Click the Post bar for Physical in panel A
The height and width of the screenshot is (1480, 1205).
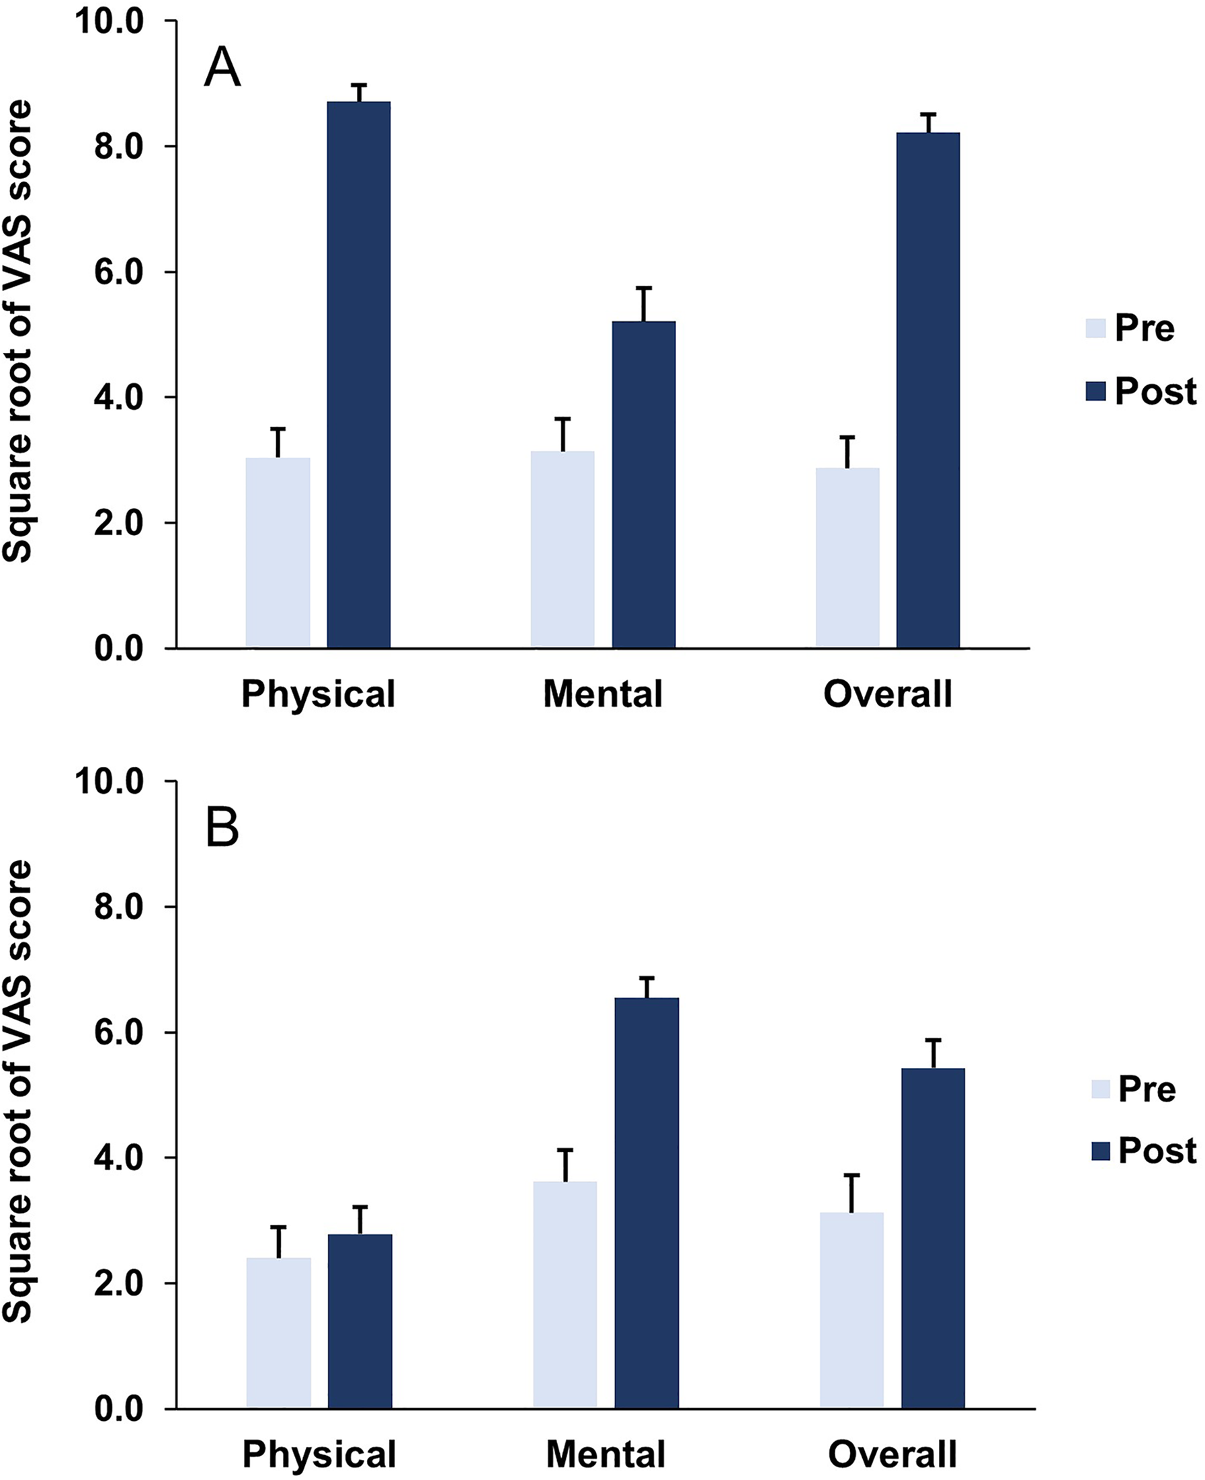click(x=359, y=375)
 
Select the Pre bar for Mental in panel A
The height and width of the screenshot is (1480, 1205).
click(x=563, y=550)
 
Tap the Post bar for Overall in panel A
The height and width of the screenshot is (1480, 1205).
click(x=928, y=390)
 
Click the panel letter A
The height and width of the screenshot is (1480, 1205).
click(x=222, y=68)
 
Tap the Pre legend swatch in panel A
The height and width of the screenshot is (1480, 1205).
click(x=1095, y=329)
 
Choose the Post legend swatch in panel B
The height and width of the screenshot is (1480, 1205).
click(x=1101, y=1150)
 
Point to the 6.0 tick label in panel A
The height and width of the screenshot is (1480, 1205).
click(x=119, y=272)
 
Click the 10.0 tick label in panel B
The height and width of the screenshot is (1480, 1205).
click(x=110, y=782)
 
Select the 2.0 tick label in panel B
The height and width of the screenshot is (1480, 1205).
click(x=119, y=1284)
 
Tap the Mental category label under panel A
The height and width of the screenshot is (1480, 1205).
click(x=602, y=694)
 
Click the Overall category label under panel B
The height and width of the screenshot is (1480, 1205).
click(x=892, y=1454)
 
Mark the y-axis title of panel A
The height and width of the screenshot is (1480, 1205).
click(x=17, y=331)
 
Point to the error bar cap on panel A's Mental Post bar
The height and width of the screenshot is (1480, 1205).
click(x=644, y=288)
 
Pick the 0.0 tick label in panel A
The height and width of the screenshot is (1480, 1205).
click(x=119, y=649)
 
